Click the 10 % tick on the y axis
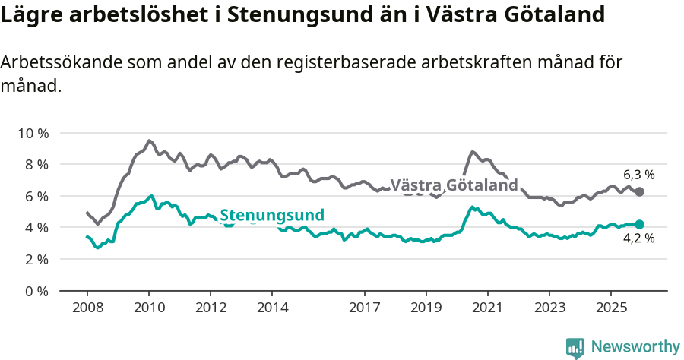tap(33, 133)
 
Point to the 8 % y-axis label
tap(35, 164)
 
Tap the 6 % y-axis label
tap(35, 196)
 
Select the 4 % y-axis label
tap(35, 227)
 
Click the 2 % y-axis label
tap(35, 259)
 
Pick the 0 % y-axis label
tap(35, 291)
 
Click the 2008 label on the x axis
tap(87, 308)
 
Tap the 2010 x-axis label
tap(149, 308)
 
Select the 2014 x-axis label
tap(272, 308)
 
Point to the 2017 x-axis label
tap(364, 308)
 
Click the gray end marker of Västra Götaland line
tap(639, 191)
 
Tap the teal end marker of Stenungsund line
tap(639, 224)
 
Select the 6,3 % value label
tap(638, 174)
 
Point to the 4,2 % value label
tap(638, 239)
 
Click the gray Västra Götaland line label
tap(454, 185)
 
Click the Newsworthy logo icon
tap(575, 348)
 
